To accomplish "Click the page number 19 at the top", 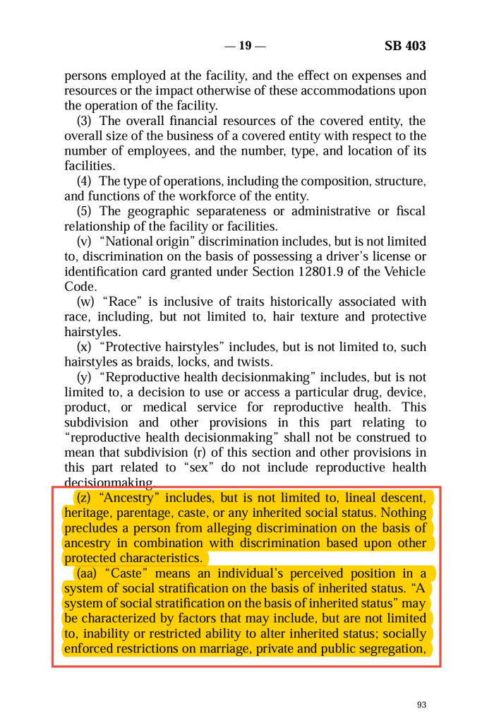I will tap(245, 47).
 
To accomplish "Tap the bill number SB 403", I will tap(405, 47).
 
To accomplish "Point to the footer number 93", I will tap(422, 705).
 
